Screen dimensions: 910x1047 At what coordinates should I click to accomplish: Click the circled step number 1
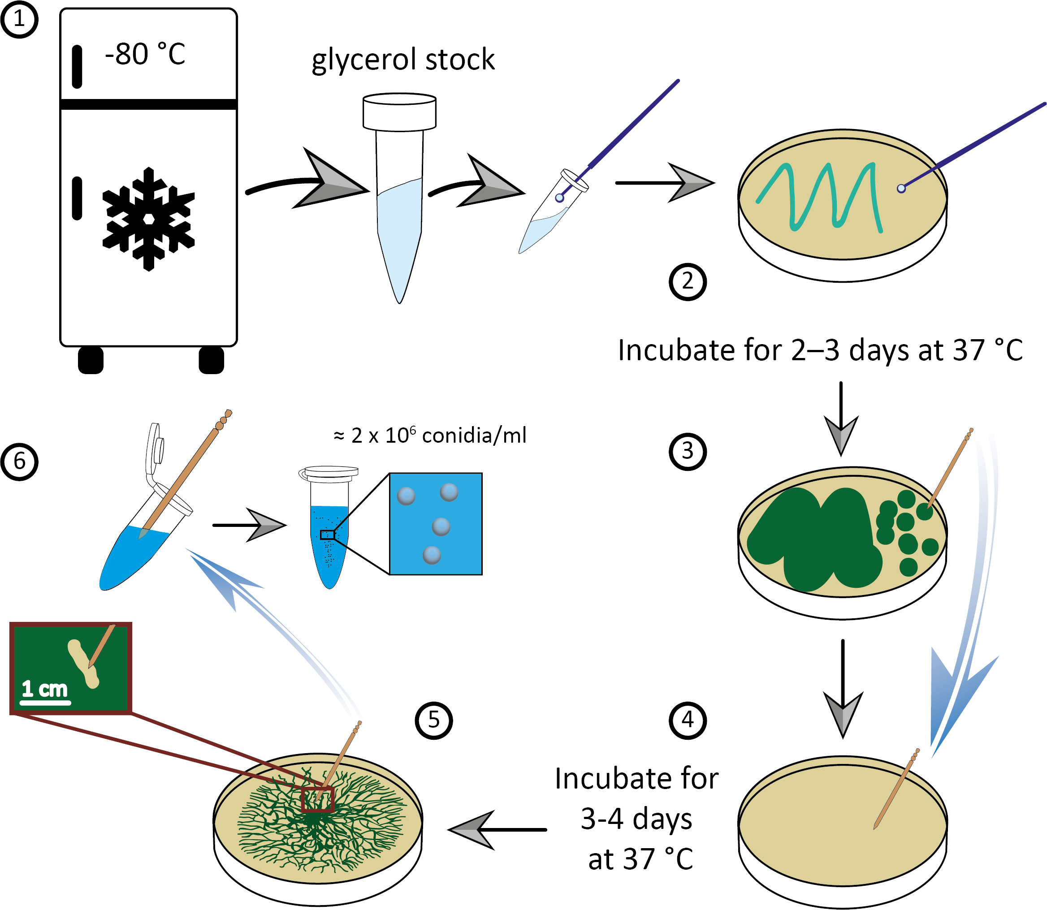point(19,19)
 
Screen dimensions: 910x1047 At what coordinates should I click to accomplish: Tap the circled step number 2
point(688,281)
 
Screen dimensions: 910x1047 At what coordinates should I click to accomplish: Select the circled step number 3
point(688,451)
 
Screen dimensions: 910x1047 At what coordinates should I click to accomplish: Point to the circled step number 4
point(688,720)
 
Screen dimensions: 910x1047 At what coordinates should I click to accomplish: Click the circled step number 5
point(433,720)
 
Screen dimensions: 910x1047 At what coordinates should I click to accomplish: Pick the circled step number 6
point(19,461)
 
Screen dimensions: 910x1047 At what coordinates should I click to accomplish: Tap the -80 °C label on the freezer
point(145,54)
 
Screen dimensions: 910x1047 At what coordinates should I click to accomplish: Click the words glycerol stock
point(403,60)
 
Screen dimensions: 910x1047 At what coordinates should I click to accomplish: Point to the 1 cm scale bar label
point(44,689)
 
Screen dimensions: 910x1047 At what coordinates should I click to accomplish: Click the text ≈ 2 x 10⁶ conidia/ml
point(430,435)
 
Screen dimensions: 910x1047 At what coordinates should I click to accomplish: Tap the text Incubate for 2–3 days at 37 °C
point(820,350)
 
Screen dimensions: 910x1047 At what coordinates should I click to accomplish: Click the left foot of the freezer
point(91,360)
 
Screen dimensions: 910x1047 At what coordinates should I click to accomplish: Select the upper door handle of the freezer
point(77,66)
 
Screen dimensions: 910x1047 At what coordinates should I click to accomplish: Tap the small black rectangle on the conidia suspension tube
point(327,535)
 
